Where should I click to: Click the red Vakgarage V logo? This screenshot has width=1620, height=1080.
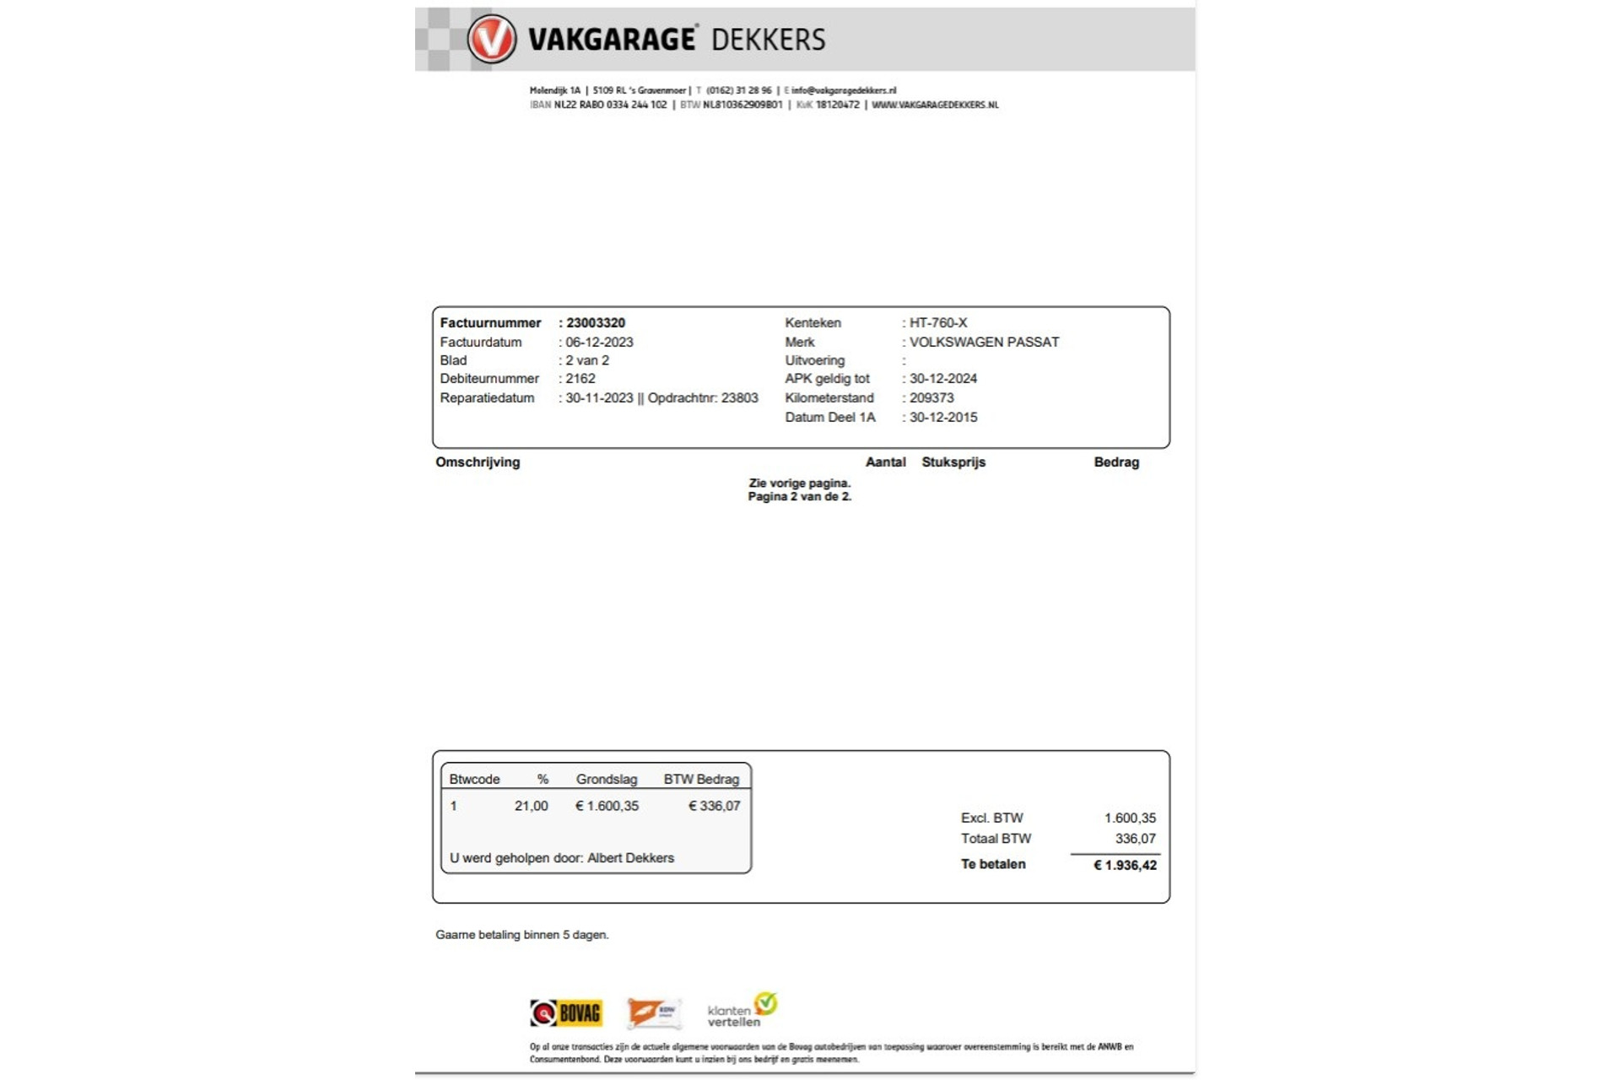491,39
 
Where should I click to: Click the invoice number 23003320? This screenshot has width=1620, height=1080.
595,323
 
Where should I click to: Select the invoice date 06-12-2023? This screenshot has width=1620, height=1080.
599,343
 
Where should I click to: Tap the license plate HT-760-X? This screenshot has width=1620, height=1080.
937,323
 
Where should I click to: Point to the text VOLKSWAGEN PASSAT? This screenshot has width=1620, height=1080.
984,343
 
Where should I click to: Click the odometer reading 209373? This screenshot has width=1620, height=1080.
931,398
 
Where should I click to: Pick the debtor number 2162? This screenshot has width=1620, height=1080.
580,379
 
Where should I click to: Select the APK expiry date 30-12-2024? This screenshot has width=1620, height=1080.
943,379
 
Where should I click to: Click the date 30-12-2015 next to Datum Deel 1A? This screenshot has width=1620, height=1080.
943,418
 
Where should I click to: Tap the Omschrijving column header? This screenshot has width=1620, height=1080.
478,462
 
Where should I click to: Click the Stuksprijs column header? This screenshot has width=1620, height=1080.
953,462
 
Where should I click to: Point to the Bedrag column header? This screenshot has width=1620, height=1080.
1116,462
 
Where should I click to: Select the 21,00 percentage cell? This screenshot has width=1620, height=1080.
531,807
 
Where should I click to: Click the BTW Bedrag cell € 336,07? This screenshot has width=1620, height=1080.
714,807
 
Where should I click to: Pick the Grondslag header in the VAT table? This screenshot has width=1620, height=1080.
607,780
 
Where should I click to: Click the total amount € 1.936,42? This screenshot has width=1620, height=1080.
1125,866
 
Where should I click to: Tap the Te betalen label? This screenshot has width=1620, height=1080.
993,865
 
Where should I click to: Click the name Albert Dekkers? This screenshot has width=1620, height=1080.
630,858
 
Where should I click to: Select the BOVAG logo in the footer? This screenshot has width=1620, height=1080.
566,1012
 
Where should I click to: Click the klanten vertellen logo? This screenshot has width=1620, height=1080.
742,1010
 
